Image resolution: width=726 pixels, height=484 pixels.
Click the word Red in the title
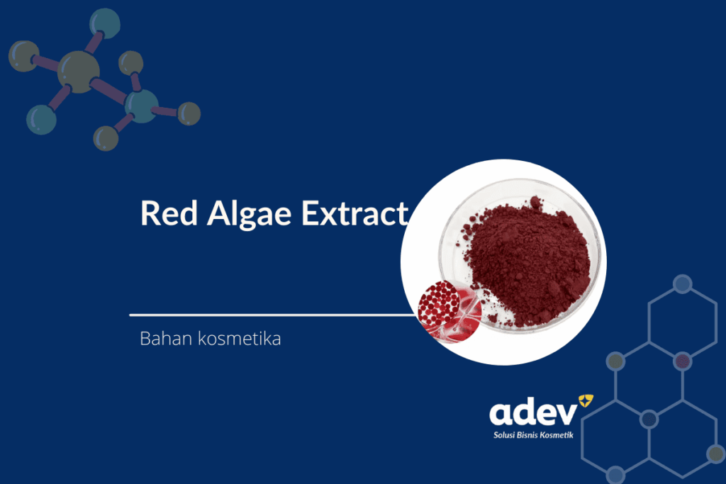click(169, 213)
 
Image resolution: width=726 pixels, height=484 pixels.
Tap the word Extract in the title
click(354, 213)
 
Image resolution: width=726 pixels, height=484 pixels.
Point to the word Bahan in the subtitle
click(166, 338)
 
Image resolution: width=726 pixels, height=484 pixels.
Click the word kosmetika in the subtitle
click(240, 338)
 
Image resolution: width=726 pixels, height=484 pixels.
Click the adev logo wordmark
click(533, 412)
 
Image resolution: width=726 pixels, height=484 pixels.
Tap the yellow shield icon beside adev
click(586, 400)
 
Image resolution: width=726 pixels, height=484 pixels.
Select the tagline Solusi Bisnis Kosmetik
click(533, 435)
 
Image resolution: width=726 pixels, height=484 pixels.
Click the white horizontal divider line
click(273, 315)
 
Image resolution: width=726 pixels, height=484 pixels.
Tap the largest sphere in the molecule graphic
click(78, 72)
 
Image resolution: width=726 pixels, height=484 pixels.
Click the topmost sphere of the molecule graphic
click(105, 23)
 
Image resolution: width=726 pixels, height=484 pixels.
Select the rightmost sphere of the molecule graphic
click(189, 113)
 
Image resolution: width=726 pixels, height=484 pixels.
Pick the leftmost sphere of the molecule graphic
click(23, 56)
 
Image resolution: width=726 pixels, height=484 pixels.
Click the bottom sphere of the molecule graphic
click(106, 138)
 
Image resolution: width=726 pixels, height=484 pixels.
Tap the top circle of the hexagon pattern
click(683, 284)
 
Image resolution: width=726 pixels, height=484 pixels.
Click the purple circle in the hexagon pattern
click(683, 361)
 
